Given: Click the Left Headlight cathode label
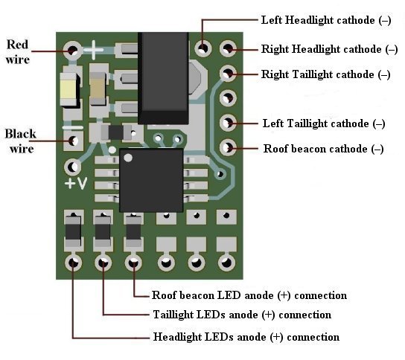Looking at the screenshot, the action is [326, 20].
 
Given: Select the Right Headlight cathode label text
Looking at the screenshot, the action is [329, 49].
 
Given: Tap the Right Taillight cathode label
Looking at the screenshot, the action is [325, 74].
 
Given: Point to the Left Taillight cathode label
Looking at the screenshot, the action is [324, 123].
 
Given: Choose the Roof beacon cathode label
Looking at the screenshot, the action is [323, 149].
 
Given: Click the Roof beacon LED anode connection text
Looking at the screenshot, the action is [249, 295].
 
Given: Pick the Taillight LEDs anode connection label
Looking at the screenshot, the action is [242, 315].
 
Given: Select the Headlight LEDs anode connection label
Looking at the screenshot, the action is [246, 337].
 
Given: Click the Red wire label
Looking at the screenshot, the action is [18, 51].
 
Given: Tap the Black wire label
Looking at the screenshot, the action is [20, 141].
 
